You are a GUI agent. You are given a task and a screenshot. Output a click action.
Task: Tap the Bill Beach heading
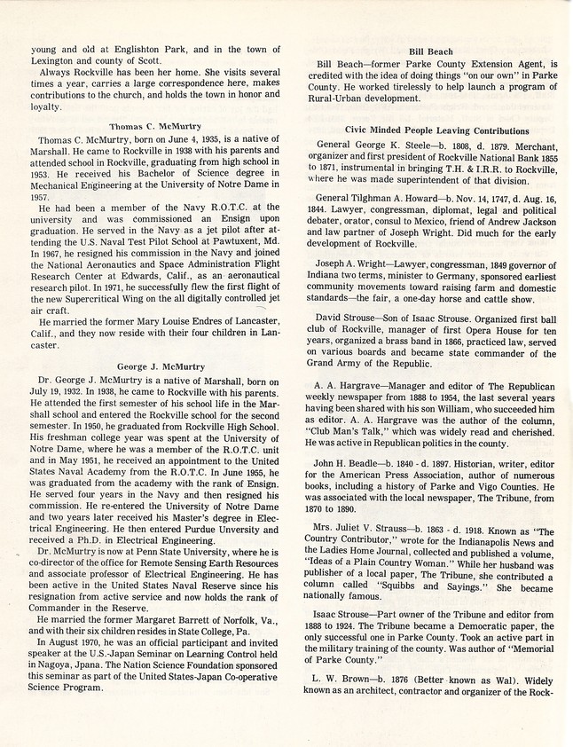click(430, 51)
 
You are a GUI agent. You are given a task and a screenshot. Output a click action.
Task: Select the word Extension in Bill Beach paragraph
click(476, 65)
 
